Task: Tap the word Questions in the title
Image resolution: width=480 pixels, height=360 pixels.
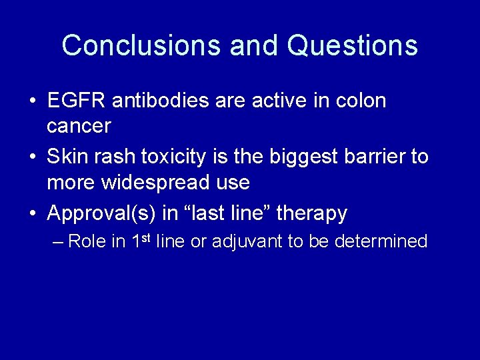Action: point(353,45)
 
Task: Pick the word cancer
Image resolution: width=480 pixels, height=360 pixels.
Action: point(79,125)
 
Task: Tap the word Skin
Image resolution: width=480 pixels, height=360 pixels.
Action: point(67,157)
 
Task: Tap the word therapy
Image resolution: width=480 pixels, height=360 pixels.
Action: point(311,213)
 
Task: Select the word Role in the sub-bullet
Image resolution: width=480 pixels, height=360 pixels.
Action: point(87,241)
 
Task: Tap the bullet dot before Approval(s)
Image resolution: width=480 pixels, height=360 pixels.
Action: point(33,214)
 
